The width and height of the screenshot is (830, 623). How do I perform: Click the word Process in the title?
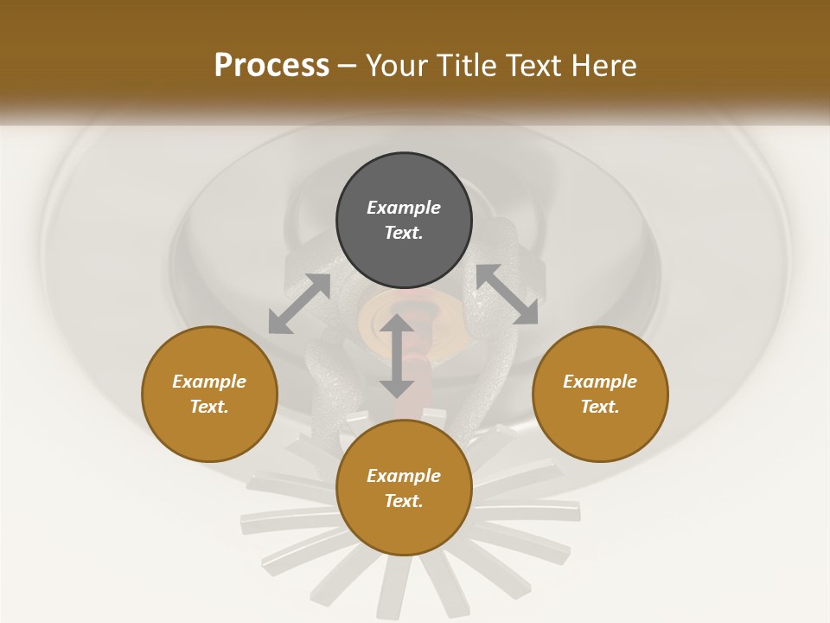tap(271, 66)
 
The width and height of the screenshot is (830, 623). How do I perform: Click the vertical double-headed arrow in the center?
tap(397, 356)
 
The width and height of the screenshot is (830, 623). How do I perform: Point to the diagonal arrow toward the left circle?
tap(299, 304)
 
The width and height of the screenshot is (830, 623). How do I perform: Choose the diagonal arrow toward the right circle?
tap(507, 294)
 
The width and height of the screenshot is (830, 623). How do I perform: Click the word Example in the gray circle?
tap(404, 208)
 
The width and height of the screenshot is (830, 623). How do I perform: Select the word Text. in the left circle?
tap(209, 407)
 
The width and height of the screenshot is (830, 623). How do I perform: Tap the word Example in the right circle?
tap(600, 382)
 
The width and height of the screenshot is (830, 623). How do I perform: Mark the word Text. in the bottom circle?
tap(404, 501)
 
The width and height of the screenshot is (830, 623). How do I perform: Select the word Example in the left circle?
tap(209, 382)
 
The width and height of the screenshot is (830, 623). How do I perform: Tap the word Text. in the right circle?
tap(600, 407)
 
